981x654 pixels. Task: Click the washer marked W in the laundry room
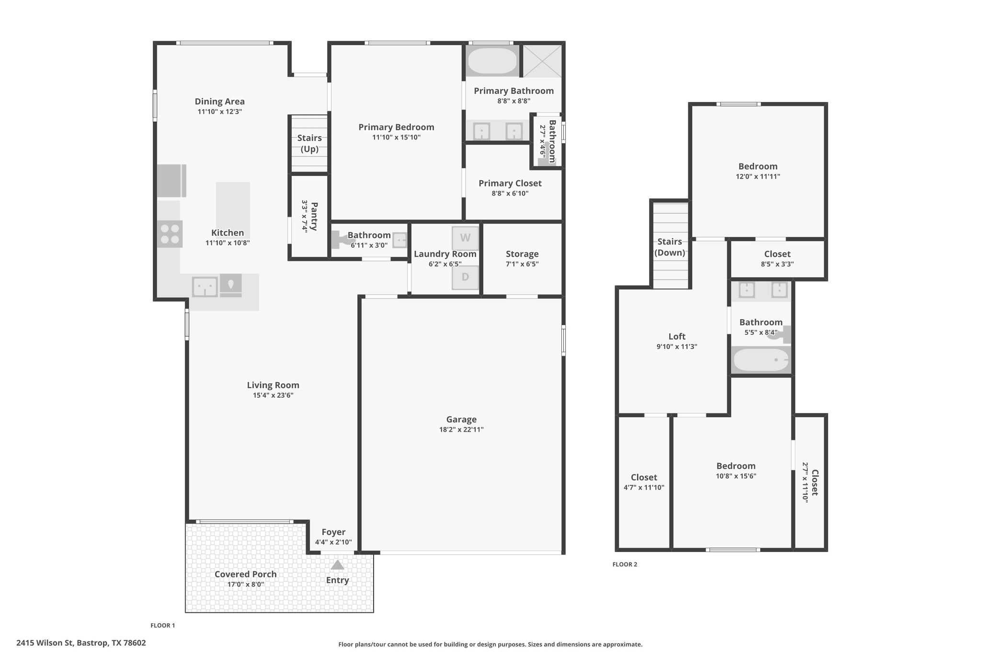465,238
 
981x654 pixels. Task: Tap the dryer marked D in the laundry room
465,277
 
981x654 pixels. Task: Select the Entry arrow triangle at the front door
337,565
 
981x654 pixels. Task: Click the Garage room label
461,419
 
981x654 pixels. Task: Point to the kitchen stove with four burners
170,234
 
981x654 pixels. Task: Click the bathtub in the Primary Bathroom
492,61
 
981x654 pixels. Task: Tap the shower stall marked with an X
542,61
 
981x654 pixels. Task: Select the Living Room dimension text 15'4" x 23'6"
273,395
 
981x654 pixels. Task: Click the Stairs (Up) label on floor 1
309,143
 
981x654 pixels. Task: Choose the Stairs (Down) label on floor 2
670,247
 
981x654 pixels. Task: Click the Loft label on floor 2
677,336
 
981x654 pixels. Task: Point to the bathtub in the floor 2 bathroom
761,360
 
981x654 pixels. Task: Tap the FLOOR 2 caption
625,564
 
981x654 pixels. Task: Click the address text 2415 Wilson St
45,643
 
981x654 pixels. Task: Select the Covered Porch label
246,574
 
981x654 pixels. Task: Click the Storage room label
522,254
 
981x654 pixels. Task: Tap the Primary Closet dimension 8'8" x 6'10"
510,194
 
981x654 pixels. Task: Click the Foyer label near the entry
333,532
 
